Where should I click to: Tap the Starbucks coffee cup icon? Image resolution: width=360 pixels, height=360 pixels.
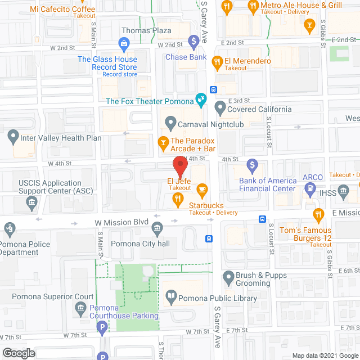[202, 189]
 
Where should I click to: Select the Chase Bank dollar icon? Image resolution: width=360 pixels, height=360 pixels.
[193, 40]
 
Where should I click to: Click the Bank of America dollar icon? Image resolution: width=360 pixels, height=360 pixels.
[253, 165]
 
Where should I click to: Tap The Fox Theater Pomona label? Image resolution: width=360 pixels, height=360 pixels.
[149, 101]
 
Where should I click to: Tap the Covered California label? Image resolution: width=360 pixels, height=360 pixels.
[259, 109]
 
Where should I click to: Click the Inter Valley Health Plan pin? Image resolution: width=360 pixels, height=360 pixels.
[12, 137]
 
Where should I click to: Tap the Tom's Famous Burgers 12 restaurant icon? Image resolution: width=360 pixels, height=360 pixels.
[318, 214]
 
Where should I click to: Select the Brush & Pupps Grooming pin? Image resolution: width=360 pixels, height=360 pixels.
[228, 276]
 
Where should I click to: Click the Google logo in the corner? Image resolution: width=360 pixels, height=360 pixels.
[18, 353]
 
